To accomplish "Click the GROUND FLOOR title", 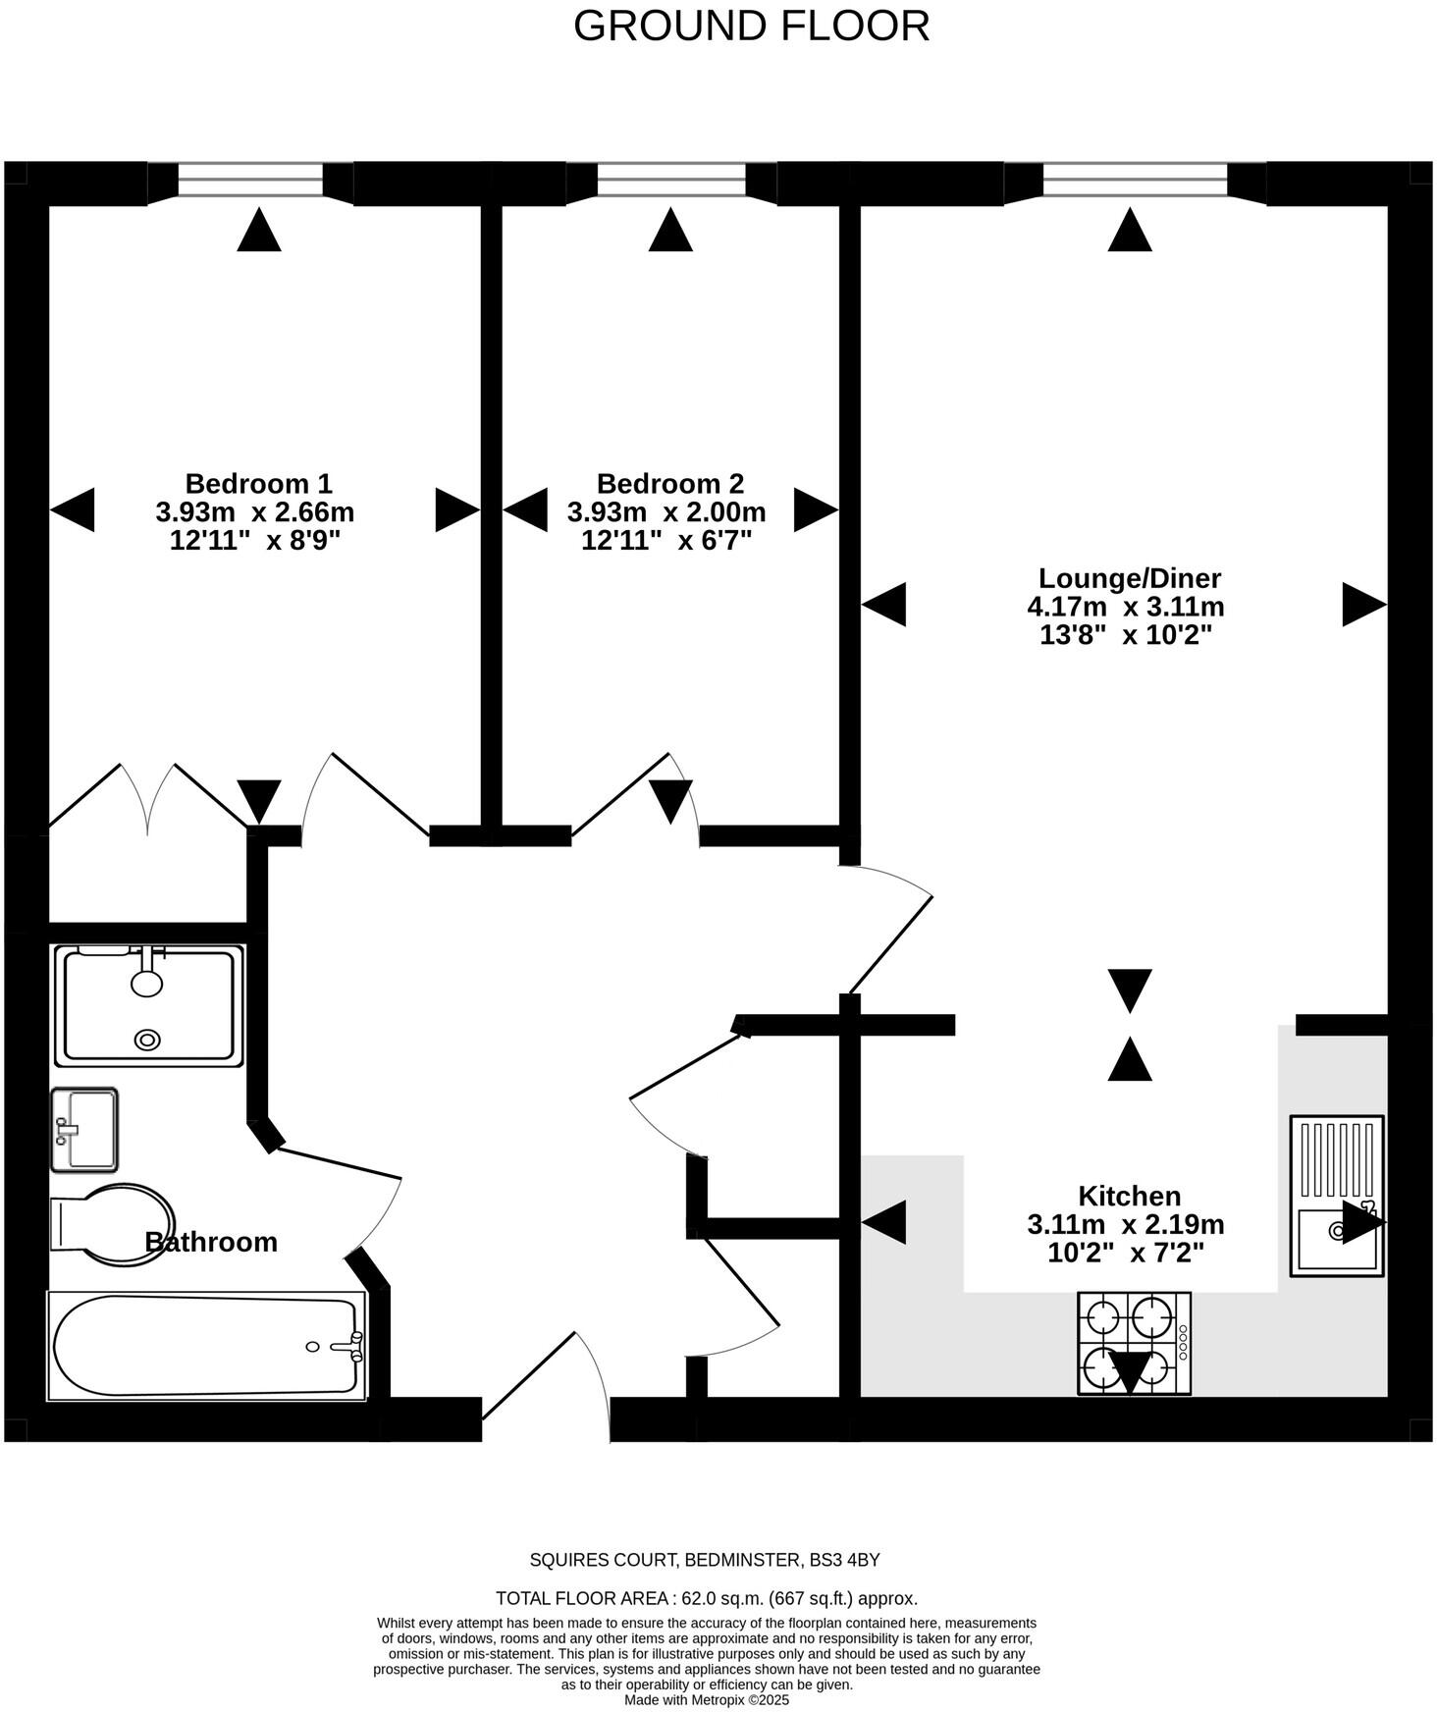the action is click(x=751, y=27).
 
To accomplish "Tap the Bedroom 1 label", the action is click(x=258, y=483).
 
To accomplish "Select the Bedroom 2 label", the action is click(x=670, y=483).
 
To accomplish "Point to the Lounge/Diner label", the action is click(x=1130, y=577).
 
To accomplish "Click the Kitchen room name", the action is click(x=1129, y=1196).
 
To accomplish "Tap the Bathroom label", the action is click(x=211, y=1242).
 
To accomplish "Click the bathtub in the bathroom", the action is click(x=206, y=1346).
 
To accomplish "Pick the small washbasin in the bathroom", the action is click(x=84, y=1129).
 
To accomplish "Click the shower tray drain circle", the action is click(x=148, y=1040).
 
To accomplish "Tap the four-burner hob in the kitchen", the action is click(x=1134, y=1342).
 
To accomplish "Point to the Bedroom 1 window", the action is click(x=250, y=181).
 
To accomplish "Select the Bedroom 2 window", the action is click(x=671, y=181).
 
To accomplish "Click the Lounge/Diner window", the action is click(x=1135, y=181).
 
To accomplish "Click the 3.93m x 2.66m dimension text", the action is click(x=254, y=511).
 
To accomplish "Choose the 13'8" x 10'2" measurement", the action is click(x=1126, y=635).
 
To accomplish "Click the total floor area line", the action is click(x=706, y=1598).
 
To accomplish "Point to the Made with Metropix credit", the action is click(x=707, y=1700).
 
